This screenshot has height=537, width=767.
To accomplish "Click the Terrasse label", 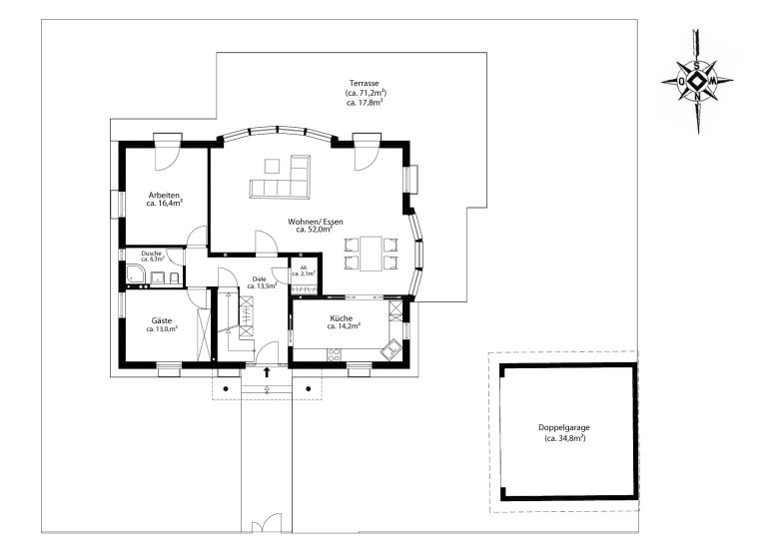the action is [364, 83].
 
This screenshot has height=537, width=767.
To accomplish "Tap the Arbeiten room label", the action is [164, 195].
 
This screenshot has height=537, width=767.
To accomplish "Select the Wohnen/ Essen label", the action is [315, 222].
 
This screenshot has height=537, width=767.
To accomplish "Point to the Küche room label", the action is [341, 318].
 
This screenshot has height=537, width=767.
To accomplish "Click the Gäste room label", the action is [162, 320].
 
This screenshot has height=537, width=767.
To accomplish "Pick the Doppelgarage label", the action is [564, 427].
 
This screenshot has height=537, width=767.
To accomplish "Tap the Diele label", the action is [260, 279].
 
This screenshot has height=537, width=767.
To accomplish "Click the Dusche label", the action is [151, 254].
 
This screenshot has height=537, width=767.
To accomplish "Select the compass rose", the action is [696, 81].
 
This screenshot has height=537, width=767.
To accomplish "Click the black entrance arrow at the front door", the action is [267, 372].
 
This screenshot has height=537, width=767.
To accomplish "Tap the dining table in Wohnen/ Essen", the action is [371, 254].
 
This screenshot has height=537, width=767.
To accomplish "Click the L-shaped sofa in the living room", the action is [281, 178].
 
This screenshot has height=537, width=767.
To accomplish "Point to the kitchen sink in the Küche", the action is [392, 349].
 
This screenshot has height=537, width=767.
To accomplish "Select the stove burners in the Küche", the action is [335, 355].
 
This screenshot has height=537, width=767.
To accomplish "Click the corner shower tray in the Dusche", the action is [136, 274].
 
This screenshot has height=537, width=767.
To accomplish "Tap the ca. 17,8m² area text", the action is [364, 103].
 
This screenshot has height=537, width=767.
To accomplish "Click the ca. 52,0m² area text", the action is [314, 229].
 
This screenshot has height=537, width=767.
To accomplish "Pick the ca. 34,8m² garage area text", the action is [564, 438].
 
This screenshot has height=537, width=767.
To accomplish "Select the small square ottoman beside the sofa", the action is [272, 166].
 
